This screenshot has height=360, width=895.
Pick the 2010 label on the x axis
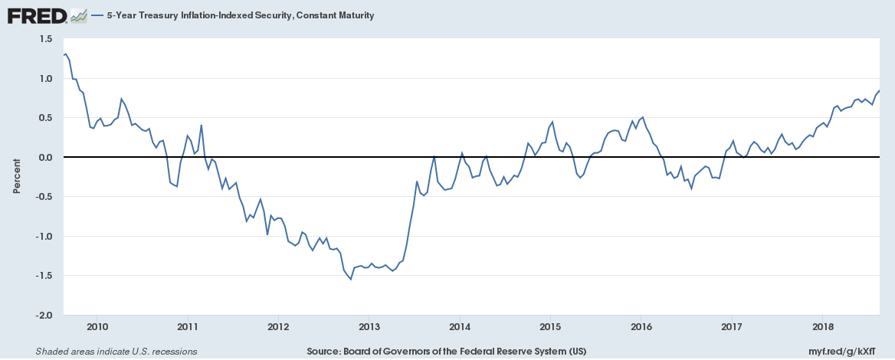97,327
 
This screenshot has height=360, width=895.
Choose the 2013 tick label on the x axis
369,327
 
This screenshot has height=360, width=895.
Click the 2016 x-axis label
641,327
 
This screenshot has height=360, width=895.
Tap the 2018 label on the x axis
822,327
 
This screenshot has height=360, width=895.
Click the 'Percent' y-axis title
17,177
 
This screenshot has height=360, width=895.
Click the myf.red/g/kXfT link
851,352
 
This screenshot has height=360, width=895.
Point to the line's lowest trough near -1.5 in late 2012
351,279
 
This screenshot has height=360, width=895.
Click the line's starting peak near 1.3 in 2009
66,54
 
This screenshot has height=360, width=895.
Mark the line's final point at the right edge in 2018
879,91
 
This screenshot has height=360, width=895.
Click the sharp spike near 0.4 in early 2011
201,126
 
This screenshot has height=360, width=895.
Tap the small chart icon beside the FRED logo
77,15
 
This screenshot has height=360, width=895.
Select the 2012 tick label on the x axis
278,327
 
